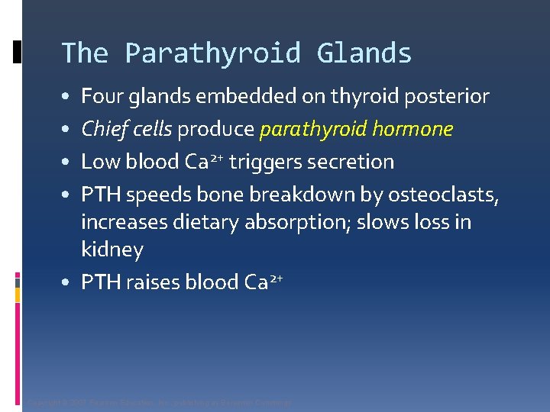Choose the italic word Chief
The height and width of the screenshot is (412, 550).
[x=102, y=130]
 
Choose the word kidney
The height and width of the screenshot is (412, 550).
[x=112, y=250]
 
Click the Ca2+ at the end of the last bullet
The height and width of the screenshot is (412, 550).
[x=264, y=282]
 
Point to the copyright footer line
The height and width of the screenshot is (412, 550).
[x=159, y=403]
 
